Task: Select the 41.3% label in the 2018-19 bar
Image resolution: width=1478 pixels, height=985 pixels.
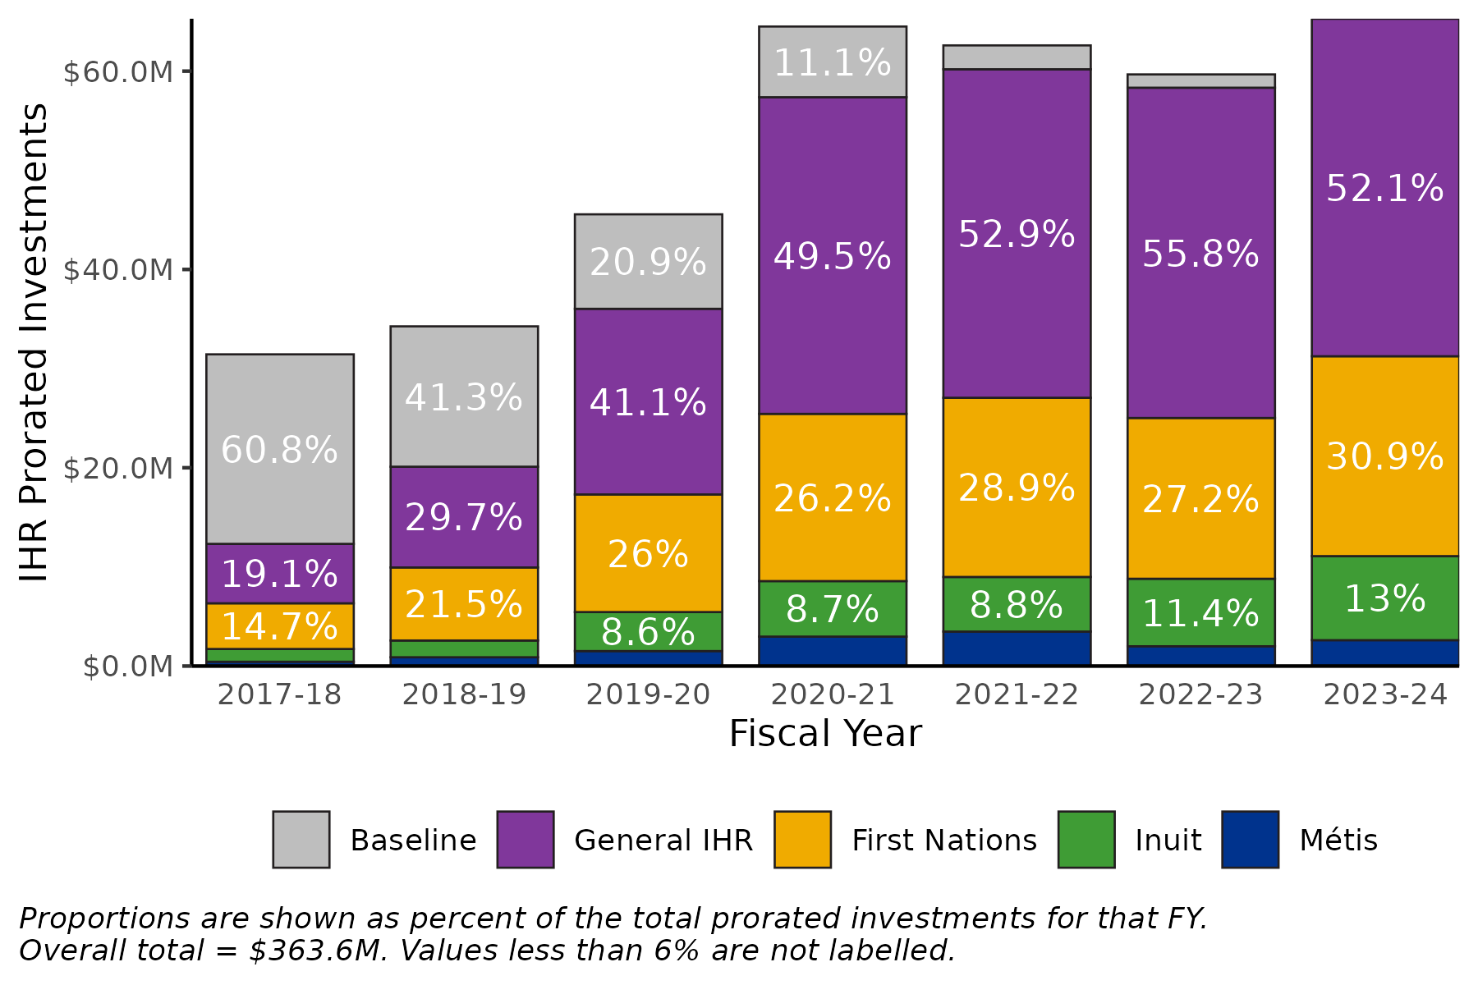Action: coord(464,398)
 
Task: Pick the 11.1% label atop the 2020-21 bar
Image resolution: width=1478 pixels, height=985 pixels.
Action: coord(832,63)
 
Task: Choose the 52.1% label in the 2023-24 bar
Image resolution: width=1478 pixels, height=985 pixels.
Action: coord(1384,189)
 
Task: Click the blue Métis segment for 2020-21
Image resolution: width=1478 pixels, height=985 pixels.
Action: coord(832,650)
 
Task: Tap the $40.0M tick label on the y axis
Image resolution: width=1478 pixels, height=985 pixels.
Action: coord(118,270)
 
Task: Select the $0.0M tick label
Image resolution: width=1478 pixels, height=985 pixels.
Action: coord(127,667)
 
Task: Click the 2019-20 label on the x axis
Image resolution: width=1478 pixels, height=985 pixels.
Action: coord(648,695)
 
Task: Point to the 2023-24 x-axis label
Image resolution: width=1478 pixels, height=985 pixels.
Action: coord(1384,695)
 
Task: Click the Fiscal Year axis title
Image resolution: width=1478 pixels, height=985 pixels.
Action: coord(825,734)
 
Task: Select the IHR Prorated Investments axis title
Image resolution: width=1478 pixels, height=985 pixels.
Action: coord(34,342)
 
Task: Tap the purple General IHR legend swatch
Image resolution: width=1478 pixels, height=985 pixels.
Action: coord(526,840)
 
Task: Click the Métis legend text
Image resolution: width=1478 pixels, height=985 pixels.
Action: coord(1338,841)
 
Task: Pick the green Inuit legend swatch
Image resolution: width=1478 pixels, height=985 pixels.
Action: coord(1086,840)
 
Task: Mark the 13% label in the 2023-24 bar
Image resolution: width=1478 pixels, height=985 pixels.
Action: coord(1384,599)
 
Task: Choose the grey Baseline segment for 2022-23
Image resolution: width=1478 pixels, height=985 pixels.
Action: coord(1200,80)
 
